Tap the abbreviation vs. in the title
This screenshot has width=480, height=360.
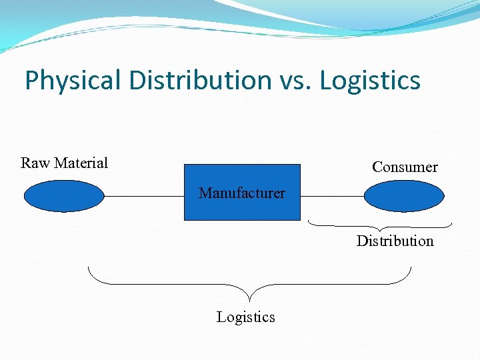(x=294, y=81)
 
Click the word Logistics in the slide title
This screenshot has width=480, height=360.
(x=370, y=81)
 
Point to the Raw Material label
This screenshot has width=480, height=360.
(x=64, y=163)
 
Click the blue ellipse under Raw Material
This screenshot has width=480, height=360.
(x=64, y=196)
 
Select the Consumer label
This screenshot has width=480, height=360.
(x=405, y=167)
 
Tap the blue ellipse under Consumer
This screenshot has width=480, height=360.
(x=403, y=196)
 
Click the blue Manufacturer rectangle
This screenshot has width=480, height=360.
(x=242, y=207)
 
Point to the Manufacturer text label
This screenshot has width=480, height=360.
(x=242, y=193)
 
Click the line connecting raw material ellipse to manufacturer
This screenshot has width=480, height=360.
(x=144, y=197)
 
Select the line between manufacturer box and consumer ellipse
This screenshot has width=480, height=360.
(x=332, y=197)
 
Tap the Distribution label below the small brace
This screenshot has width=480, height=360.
(x=395, y=241)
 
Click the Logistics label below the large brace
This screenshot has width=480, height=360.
(x=245, y=317)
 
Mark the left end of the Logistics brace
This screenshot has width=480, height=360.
(x=89, y=268)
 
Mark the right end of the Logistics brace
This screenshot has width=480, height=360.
(x=411, y=268)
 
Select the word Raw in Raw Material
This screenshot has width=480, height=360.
(x=35, y=163)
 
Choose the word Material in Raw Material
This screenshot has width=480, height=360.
(x=81, y=163)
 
